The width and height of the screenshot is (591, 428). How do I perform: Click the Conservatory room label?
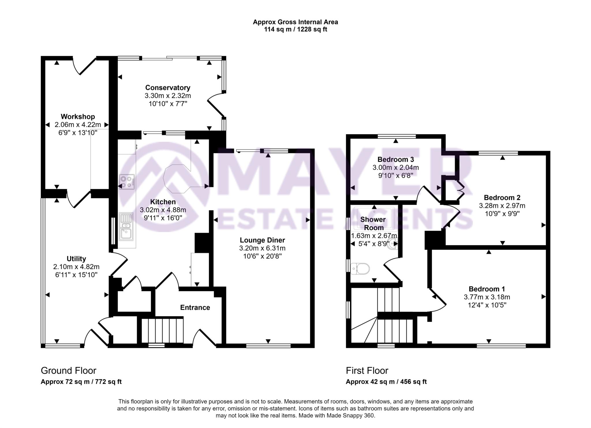[168, 88]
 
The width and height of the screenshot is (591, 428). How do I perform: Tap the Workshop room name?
[78, 117]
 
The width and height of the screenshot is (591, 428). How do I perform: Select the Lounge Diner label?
[262, 240]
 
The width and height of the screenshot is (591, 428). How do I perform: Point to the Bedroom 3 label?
[396, 159]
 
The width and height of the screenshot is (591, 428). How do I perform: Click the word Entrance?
[195, 308]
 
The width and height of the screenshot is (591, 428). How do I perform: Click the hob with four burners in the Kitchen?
[127, 182]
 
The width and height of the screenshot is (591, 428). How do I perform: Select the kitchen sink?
[126, 226]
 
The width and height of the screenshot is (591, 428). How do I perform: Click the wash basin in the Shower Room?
[392, 244]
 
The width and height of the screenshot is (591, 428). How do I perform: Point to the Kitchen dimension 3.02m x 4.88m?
[163, 210]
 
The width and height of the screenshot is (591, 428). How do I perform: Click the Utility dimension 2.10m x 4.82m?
[76, 267]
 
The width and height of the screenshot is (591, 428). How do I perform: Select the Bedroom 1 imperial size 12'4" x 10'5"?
[487, 305]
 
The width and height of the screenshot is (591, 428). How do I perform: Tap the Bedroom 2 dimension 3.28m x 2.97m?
[502, 206]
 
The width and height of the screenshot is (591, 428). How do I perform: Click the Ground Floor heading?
[68, 370]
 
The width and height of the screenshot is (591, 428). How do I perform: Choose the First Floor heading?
[367, 370]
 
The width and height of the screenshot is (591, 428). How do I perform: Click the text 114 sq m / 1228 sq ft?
[295, 29]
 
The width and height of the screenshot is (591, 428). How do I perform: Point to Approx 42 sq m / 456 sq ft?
[386, 382]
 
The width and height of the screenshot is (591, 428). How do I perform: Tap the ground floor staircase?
[162, 330]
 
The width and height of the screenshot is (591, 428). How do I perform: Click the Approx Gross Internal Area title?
[295, 22]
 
